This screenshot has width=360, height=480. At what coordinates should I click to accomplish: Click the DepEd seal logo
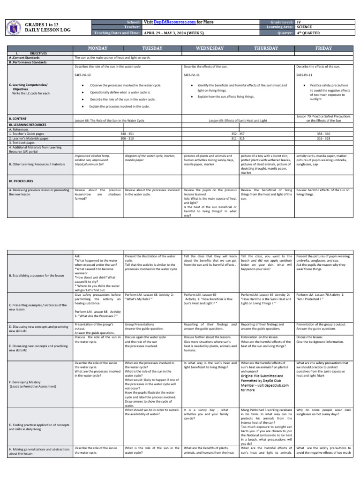[x=15, y=28]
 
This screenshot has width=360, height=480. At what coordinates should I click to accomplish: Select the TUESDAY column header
[x=152, y=48]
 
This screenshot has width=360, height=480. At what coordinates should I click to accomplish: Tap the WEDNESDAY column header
[x=210, y=48]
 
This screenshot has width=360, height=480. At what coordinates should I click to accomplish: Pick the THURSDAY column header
[x=266, y=48]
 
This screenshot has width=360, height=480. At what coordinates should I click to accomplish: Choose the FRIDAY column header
[x=322, y=48]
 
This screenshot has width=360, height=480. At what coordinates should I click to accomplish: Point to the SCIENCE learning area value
[x=306, y=27]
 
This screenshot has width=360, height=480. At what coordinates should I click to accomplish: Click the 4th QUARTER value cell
[x=309, y=33]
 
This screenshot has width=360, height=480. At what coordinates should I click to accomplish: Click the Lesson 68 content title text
[x=110, y=120]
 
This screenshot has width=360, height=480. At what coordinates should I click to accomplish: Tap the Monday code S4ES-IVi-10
[x=83, y=75]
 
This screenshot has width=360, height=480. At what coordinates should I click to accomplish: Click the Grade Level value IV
[x=299, y=22]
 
